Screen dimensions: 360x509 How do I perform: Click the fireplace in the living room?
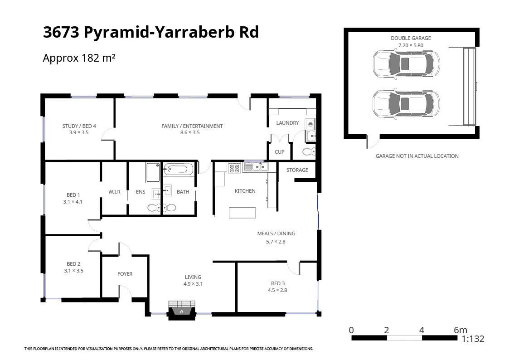tap(181, 310)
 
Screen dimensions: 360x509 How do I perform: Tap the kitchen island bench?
tap(242, 212)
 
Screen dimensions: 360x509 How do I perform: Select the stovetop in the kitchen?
tap(234, 168)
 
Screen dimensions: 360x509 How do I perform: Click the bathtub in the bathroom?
tap(178, 170)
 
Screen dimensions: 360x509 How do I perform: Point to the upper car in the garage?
tap(406, 63)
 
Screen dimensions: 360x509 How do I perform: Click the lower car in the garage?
tap(406, 103)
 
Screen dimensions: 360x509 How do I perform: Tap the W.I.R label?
tap(114, 192)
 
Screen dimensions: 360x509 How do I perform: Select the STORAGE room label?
tap(297, 170)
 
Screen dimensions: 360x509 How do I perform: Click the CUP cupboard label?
tap(280, 152)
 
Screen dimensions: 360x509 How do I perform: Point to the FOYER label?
tap(125, 274)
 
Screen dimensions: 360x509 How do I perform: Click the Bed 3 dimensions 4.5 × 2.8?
tap(278, 290)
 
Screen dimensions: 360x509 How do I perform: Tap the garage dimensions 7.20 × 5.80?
tap(411, 45)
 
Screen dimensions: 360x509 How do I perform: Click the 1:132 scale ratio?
tap(473, 339)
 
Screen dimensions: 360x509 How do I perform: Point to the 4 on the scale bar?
tap(422, 330)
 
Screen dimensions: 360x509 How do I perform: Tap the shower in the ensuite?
tap(153, 172)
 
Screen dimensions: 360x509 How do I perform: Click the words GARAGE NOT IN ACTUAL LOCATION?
tap(417, 156)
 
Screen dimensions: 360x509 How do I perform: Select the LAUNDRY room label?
tap(287, 123)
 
